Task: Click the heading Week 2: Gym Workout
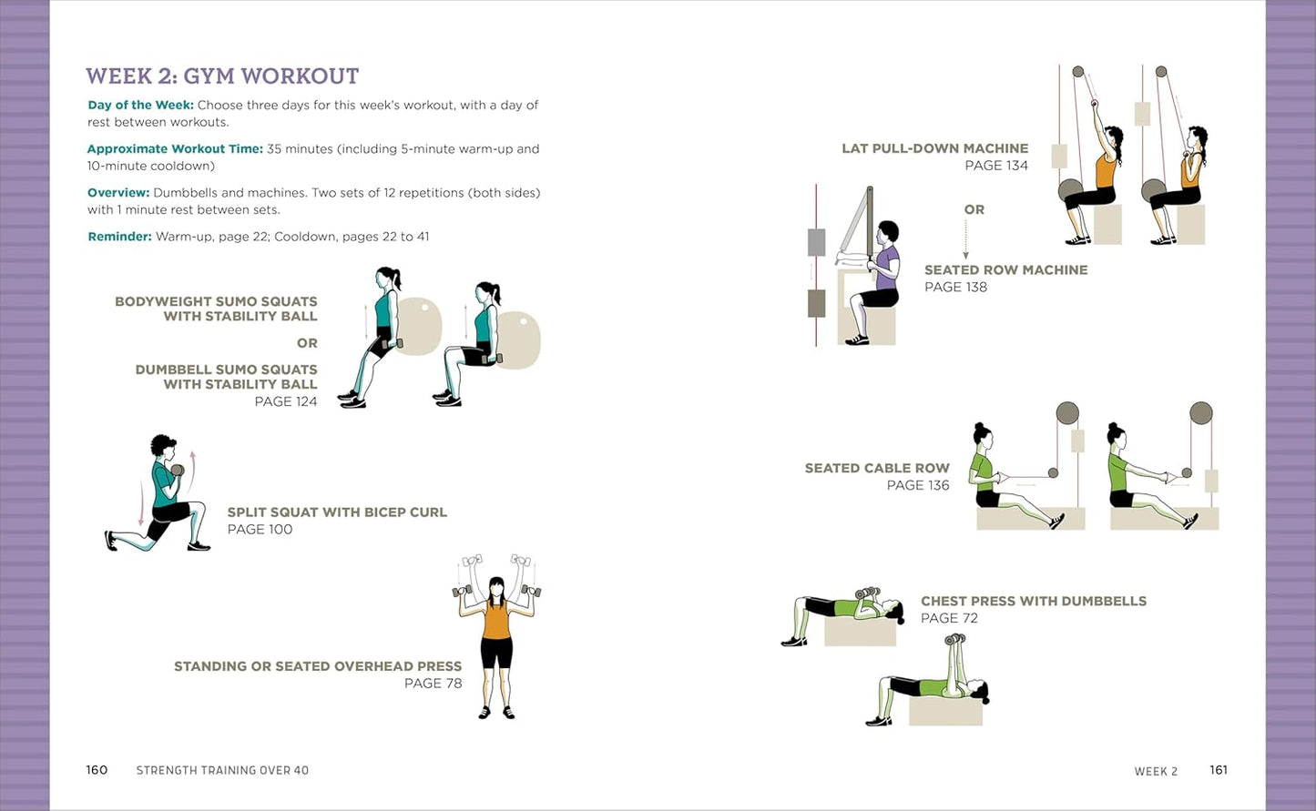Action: [x=222, y=76]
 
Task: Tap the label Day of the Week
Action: [x=140, y=106]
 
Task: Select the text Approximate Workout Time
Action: [x=175, y=149]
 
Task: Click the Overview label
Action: [x=118, y=193]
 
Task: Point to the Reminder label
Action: [x=119, y=237]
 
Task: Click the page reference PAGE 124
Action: [x=285, y=401]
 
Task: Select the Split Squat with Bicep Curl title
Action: [x=337, y=512]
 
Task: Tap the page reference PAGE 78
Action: [x=433, y=684]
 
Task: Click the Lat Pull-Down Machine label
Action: [x=934, y=148]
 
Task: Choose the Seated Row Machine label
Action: [x=1005, y=270]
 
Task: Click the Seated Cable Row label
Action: [x=876, y=469]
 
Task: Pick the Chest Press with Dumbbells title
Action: [x=1033, y=602]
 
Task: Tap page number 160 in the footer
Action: [x=97, y=770]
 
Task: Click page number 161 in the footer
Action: [x=1219, y=770]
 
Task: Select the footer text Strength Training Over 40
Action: [x=222, y=771]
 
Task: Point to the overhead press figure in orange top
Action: [x=496, y=637]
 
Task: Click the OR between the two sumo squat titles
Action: [x=307, y=344]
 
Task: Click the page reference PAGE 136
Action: [x=917, y=486]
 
